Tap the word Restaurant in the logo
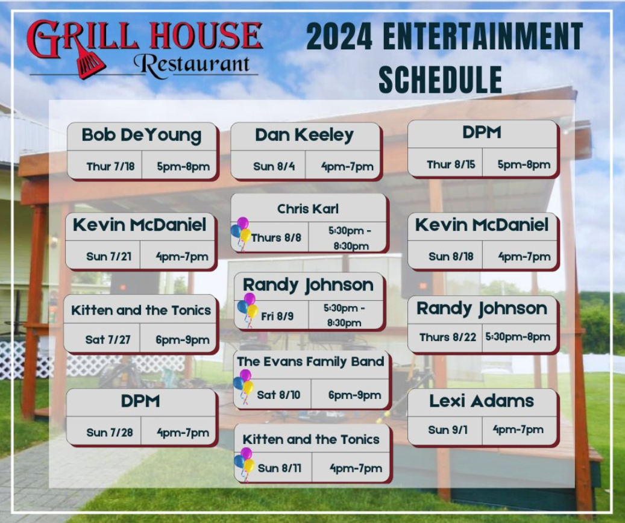(192, 65)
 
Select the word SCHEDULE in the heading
(440, 80)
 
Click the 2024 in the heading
(339, 36)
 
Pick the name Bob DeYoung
(142, 135)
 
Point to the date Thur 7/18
(110, 166)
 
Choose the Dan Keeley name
(304, 135)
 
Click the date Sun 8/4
(274, 166)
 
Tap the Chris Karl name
(308, 208)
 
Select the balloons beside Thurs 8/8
(240, 234)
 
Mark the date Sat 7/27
(108, 340)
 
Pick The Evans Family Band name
(310, 362)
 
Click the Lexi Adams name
(482, 401)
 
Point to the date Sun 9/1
(448, 430)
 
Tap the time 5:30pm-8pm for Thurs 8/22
(518, 337)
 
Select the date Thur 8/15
(451, 164)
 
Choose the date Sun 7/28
(110, 433)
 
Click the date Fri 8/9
(277, 316)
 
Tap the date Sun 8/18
(451, 256)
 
